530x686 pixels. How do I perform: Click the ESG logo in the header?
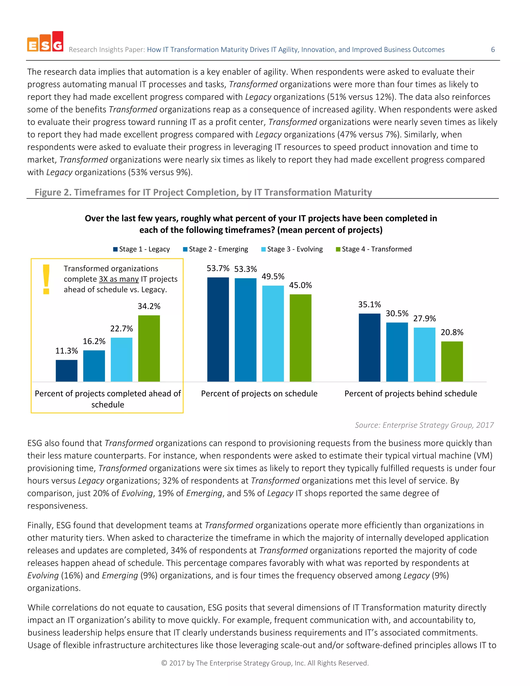pos(45,42)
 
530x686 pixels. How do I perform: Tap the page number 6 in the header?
pos(493,50)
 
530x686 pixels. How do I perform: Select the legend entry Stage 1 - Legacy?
pos(141,249)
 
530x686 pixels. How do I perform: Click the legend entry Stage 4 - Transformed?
pos(374,249)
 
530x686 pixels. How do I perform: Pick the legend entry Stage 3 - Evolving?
pos(292,249)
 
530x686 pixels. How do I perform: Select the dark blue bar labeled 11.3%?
pos(67,371)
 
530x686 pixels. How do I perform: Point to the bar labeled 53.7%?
pos(218,329)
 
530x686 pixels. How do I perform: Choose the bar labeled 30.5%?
pos(397,352)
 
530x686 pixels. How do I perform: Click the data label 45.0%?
pos(300,285)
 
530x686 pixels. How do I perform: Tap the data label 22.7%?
pos(122,329)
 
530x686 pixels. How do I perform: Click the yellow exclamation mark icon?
pos(46,279)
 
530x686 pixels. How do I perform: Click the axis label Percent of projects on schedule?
pos(259,393)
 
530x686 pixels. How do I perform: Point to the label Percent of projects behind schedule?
pos(411,393)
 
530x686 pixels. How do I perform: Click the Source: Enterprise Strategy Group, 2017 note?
pos(424,425)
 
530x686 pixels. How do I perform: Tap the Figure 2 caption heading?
pos(203,192)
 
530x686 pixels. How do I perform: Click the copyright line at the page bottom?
pos(265,663)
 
